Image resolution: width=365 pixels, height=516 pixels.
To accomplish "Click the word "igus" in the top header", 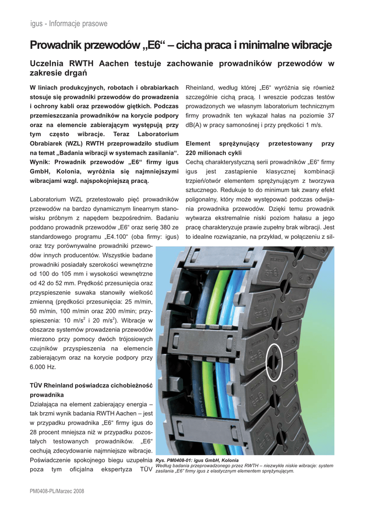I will pyautogui.click(x=37, y=24).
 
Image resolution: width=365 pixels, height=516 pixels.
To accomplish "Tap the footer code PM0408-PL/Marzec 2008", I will pyautogui.click(x=57, y=491).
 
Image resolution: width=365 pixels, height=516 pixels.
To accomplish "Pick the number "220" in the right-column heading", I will pyautogui.click(x=192, y=153).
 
